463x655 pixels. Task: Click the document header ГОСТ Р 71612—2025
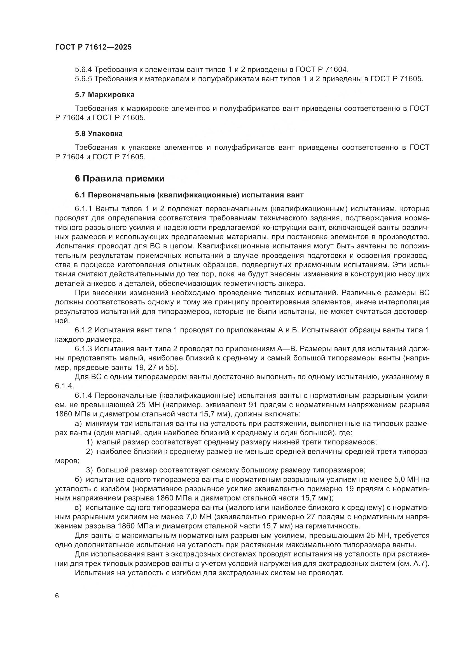coord(93,47)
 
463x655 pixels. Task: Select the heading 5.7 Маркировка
coord(105,95)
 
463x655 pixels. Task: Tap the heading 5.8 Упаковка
coord(99,134)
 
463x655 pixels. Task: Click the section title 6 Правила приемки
coord(120,179)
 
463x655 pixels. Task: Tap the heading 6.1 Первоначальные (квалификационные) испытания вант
coord(189,195)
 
